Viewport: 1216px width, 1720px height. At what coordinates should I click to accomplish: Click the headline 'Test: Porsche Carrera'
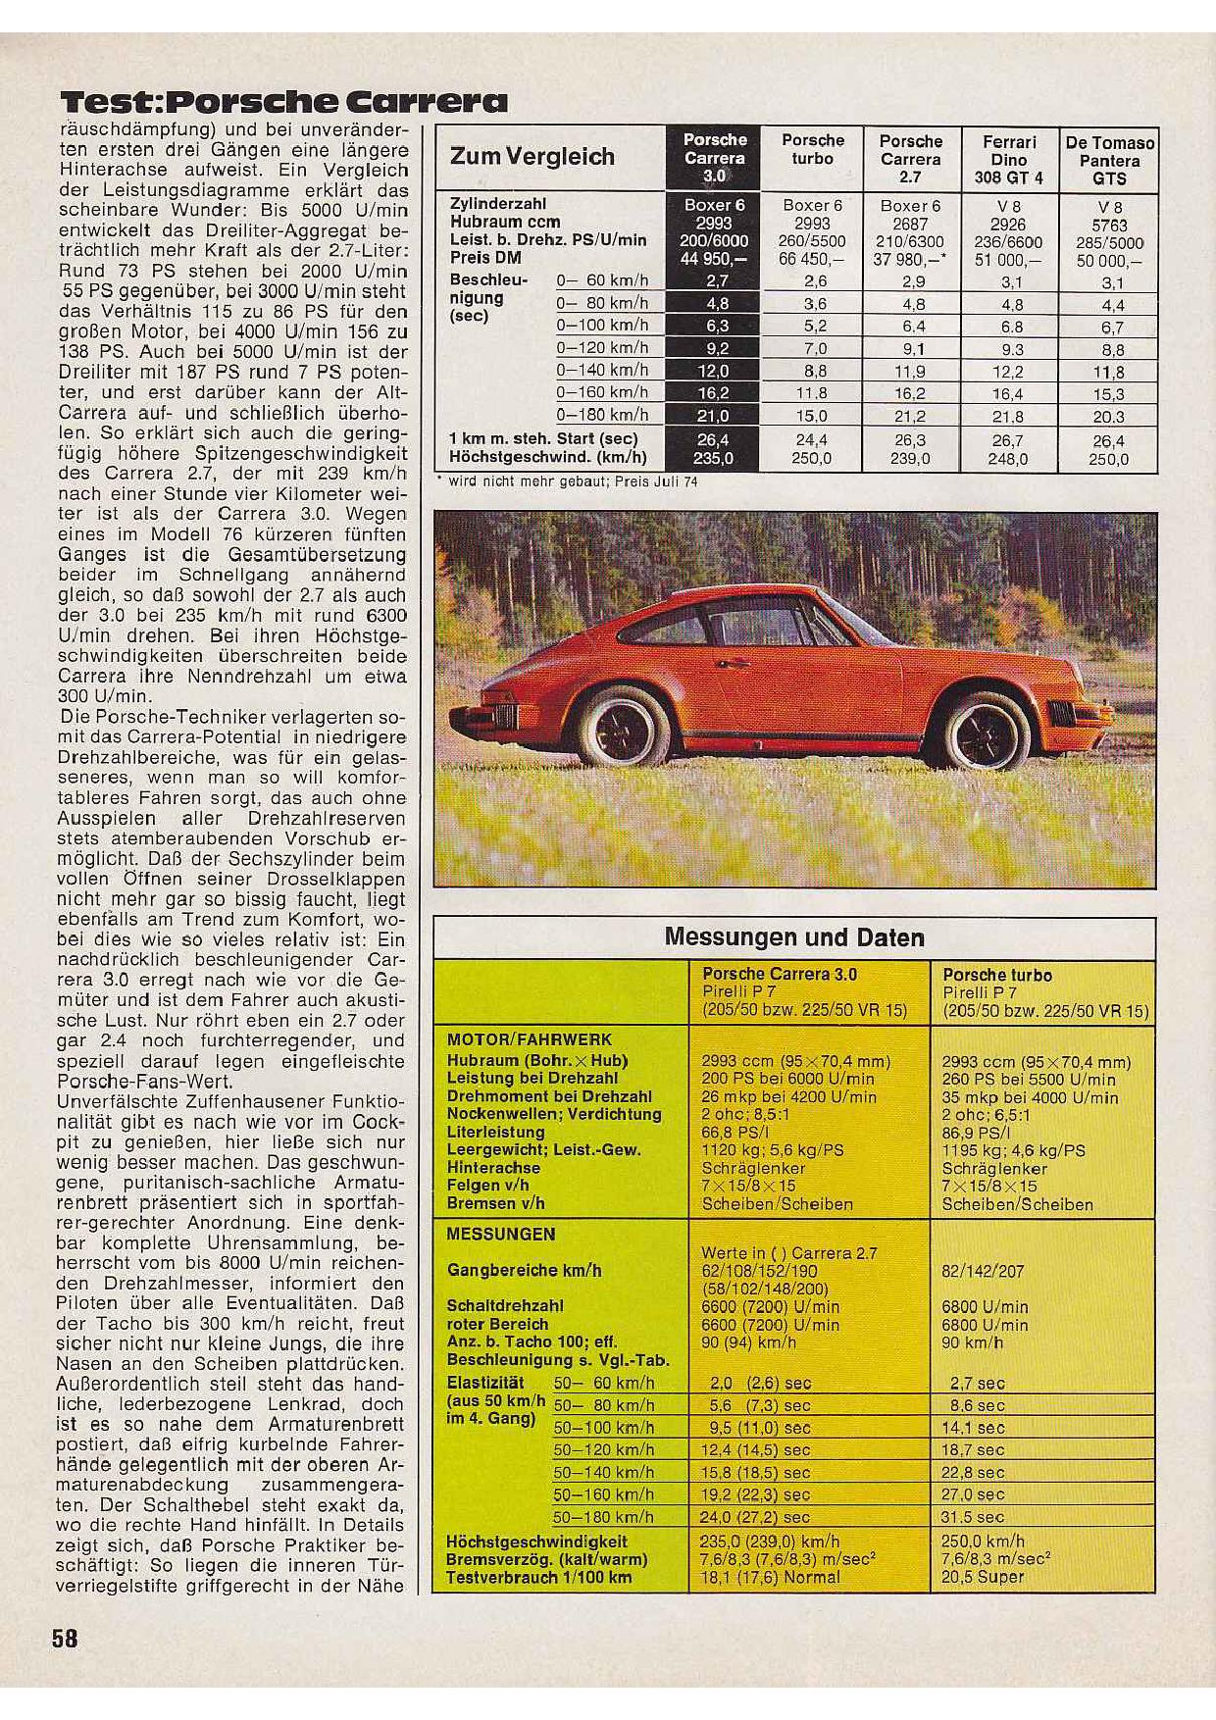pyautogui.click(x=284, y=102)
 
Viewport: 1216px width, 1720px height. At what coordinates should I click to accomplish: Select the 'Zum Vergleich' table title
pyautogui.click(x=532, y=157)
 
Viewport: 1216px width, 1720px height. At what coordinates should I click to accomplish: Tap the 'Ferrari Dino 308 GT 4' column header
pyautogui.click(x=1008, y=160)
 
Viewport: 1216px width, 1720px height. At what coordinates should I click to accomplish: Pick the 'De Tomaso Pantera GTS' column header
pyautogui.click(x=1109, y=160)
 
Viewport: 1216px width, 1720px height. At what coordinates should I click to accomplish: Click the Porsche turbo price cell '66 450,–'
pyautogui.click(x=812, y=259)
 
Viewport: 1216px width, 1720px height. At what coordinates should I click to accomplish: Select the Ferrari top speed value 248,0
pyautogui.click(x=1008, y=458)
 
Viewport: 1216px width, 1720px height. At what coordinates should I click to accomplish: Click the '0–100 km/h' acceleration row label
pyautogui.click(x=602, y=326)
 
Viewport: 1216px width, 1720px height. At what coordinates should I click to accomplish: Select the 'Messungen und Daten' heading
pyautogui.click(x=794, y=937)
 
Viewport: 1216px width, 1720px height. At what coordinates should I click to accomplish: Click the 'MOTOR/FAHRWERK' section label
pyautogui.click(x=529, y=1040)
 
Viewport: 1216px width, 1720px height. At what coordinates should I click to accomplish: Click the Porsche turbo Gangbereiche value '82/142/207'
pyautogui.click(x=983, y=1271)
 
